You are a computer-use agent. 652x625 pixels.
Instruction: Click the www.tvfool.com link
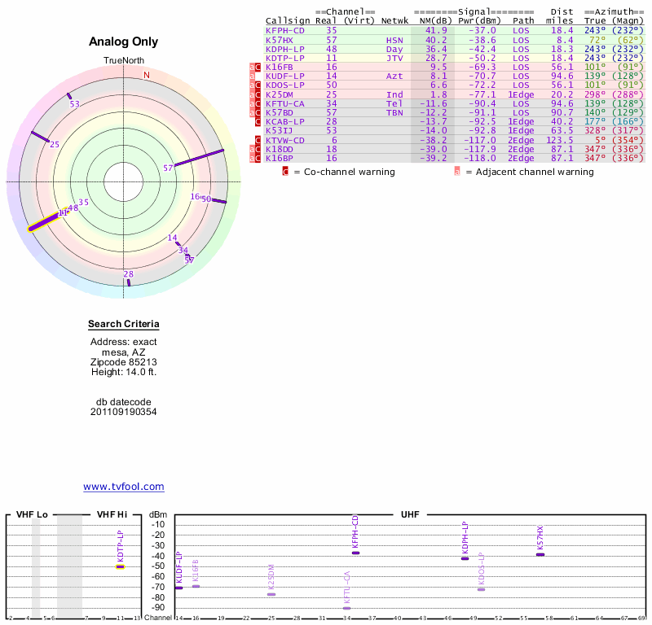click(124, 487)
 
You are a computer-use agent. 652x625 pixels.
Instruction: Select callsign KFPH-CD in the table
click(285, 30)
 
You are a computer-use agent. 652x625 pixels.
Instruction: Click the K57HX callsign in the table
click(280, 39)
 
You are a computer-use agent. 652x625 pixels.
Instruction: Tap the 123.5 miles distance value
click(558, 139)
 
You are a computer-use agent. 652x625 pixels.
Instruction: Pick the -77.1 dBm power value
click(480, 94)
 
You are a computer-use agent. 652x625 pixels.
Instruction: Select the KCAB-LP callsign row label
click(285, 121)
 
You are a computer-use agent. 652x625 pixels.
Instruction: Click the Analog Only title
click(124, 42)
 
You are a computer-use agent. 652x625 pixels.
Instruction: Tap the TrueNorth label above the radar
click(123, 61)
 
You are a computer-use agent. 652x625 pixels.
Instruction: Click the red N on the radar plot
click(147, 75)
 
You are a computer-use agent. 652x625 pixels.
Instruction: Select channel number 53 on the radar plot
click(75, 104)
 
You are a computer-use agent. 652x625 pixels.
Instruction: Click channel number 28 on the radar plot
click(128, 274)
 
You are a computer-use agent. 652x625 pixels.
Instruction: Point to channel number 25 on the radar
click(55, 144)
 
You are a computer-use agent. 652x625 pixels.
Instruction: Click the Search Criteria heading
click(124, 325)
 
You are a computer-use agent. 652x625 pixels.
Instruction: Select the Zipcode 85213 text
click(124, 361)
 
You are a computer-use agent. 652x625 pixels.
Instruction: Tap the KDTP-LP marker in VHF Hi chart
click(120, 566)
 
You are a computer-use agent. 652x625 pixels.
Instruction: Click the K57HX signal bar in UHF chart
click(540, 554)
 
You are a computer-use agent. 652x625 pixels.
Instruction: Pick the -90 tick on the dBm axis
click(158, 607)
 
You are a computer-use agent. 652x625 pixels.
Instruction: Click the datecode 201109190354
click(124, 412)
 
